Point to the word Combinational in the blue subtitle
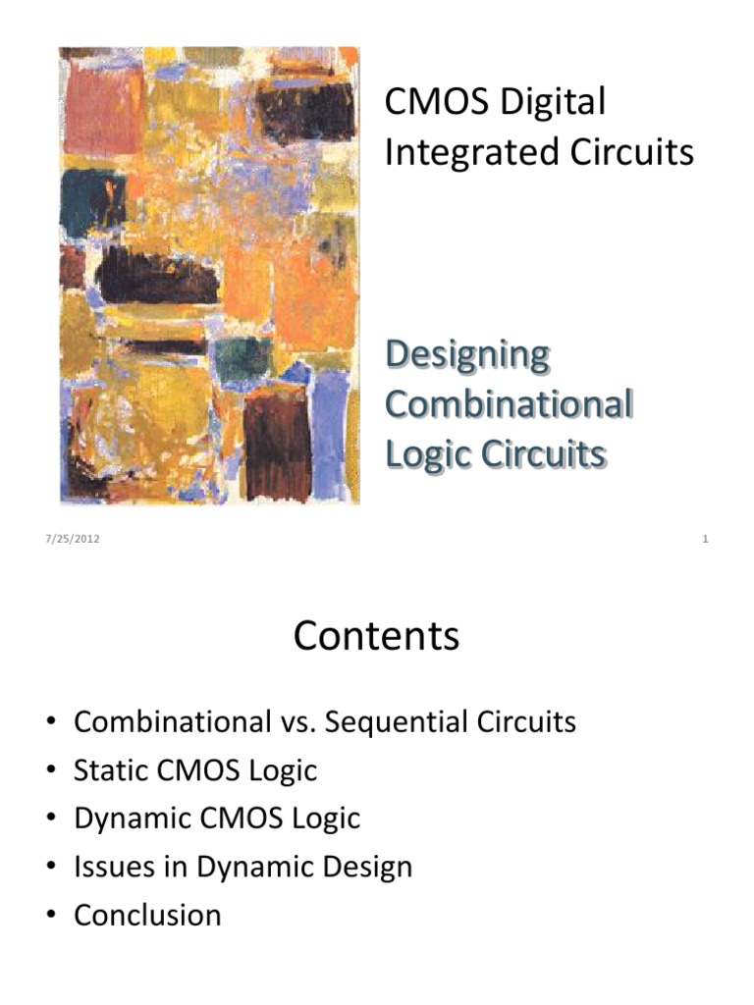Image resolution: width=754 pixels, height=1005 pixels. pos(508,404)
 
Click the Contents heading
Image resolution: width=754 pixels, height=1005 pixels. pos(376,636)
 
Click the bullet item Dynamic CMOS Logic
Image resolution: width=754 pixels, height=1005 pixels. pos(217,819)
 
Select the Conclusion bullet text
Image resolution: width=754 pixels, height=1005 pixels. pos(147,915)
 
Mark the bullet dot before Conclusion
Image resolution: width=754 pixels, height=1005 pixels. pos(51,916)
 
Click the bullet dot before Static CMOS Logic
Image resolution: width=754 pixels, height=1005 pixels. pos(51,771)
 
